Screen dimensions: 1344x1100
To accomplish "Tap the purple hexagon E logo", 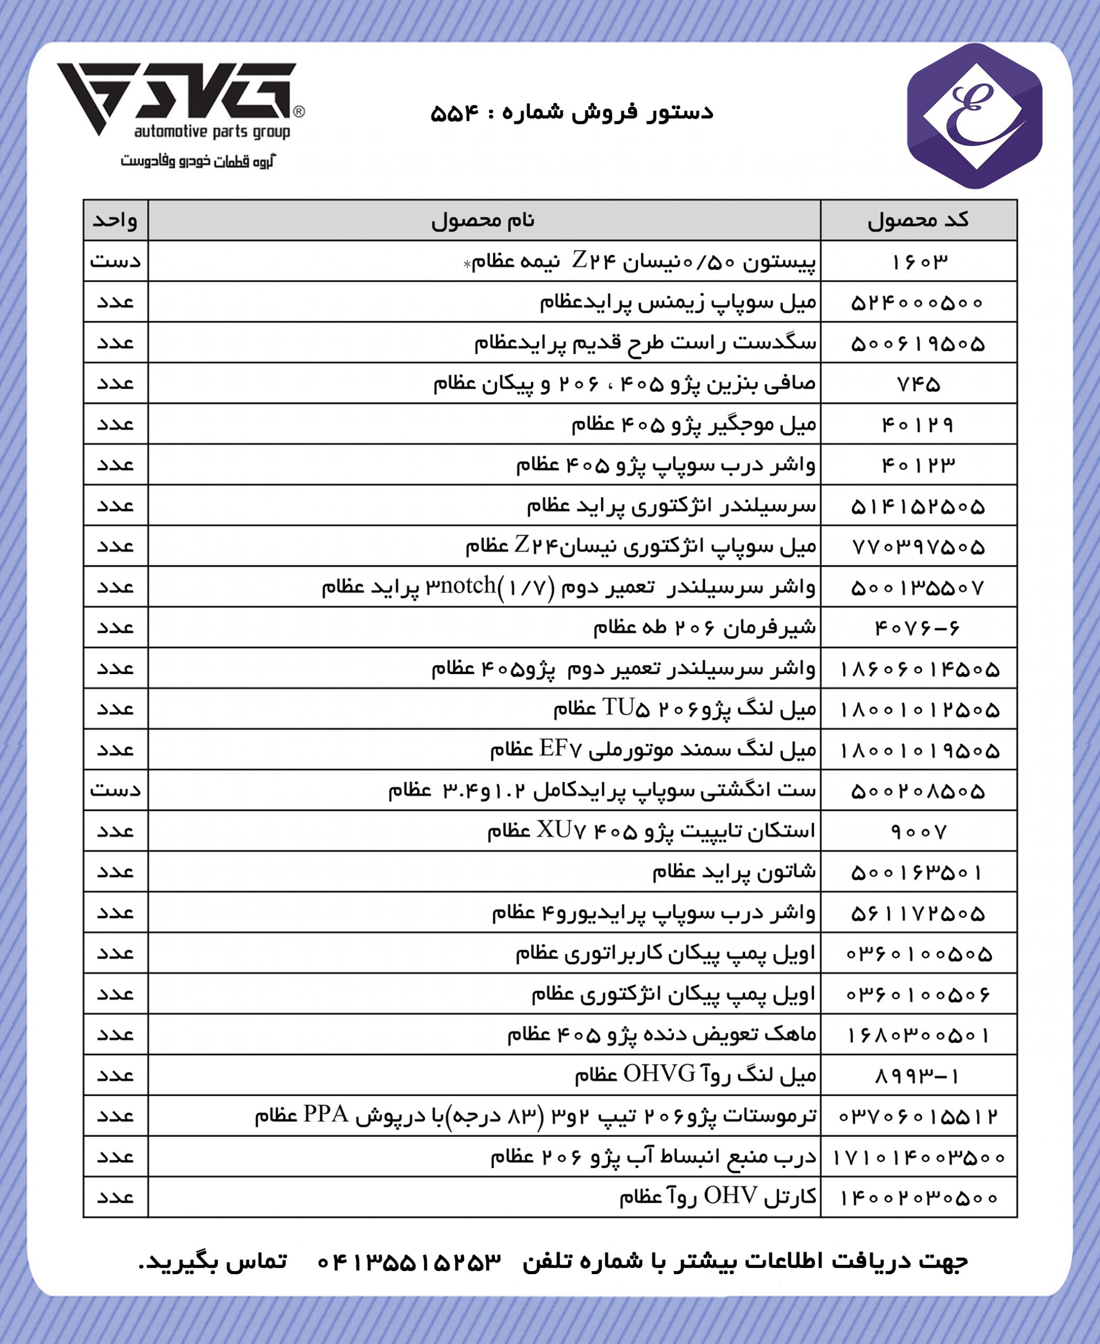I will tap(974, 116).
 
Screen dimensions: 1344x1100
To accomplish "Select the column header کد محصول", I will tap(918, 220).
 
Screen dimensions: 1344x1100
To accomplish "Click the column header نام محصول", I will tap(484, 220).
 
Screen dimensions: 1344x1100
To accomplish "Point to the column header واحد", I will tap(116, 220).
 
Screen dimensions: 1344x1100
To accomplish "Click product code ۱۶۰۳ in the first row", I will tap(919, 261).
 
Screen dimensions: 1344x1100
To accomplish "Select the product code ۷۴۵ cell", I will tap(919, 384).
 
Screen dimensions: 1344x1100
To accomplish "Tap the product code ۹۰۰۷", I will tap(919, 832).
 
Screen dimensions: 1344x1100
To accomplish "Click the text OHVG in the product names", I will tap(659, 1074).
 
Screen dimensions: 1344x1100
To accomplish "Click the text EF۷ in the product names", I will tap(561, 749).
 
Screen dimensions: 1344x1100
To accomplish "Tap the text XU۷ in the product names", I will tap(558, 830).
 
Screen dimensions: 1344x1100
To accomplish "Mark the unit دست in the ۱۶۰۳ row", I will tap(116, 261).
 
